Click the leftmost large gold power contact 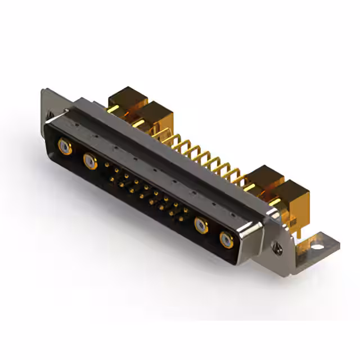(65, 147)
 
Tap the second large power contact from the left (89, 161)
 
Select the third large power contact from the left (201, 226)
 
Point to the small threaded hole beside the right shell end (277, 245)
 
